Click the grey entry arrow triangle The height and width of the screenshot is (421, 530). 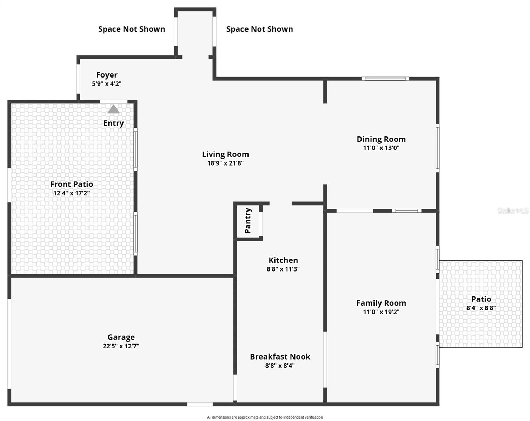pyautogui.click(x=113, y=109)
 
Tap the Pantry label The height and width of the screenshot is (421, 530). pyautogui.click(x=248, y=221)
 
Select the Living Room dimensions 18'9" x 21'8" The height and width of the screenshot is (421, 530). pyautogui.click(x=225, y=163)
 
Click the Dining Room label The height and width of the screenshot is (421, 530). pyautogui.click(x=381, y=139)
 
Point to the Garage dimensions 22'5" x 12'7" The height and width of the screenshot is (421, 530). pyautogui.click(x=121, y=346)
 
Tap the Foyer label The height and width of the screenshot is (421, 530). pyautogui.click(x=107, y=75)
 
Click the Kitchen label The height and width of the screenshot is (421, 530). pyautogui.click(x=283, y=260)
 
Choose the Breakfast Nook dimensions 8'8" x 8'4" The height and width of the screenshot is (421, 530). pyautogui.click(x=280, y=366)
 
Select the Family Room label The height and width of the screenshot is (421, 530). pyautogui.click(x=381, y=303)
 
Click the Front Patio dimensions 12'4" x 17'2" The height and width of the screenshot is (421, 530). pyautogui.click(x=71, y=193)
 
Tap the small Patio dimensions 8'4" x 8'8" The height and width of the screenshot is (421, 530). pyautogui.click(x=481, y=308)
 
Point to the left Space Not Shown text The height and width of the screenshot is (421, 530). pyautogui.click(x=132, y=29)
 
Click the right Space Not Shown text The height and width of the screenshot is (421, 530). pyautogui.click(x=259, y=29)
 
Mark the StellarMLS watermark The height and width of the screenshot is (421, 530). pyautogui.click(x=513, y=211)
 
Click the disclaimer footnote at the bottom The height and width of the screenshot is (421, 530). pyautogui.click(x=265, y=417)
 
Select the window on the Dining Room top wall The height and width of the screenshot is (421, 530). pyautogui.click(x=385, y=79)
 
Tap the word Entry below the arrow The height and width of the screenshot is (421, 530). pyautogui.click(x=113, y=123)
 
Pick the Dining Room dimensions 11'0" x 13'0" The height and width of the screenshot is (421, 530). pyautogui.click(x=381, y=148)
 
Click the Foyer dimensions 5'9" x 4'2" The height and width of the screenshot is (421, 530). pyautogui.click(x=107, y=84)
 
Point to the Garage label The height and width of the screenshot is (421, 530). pyautogui.click(x=121, y=337)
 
